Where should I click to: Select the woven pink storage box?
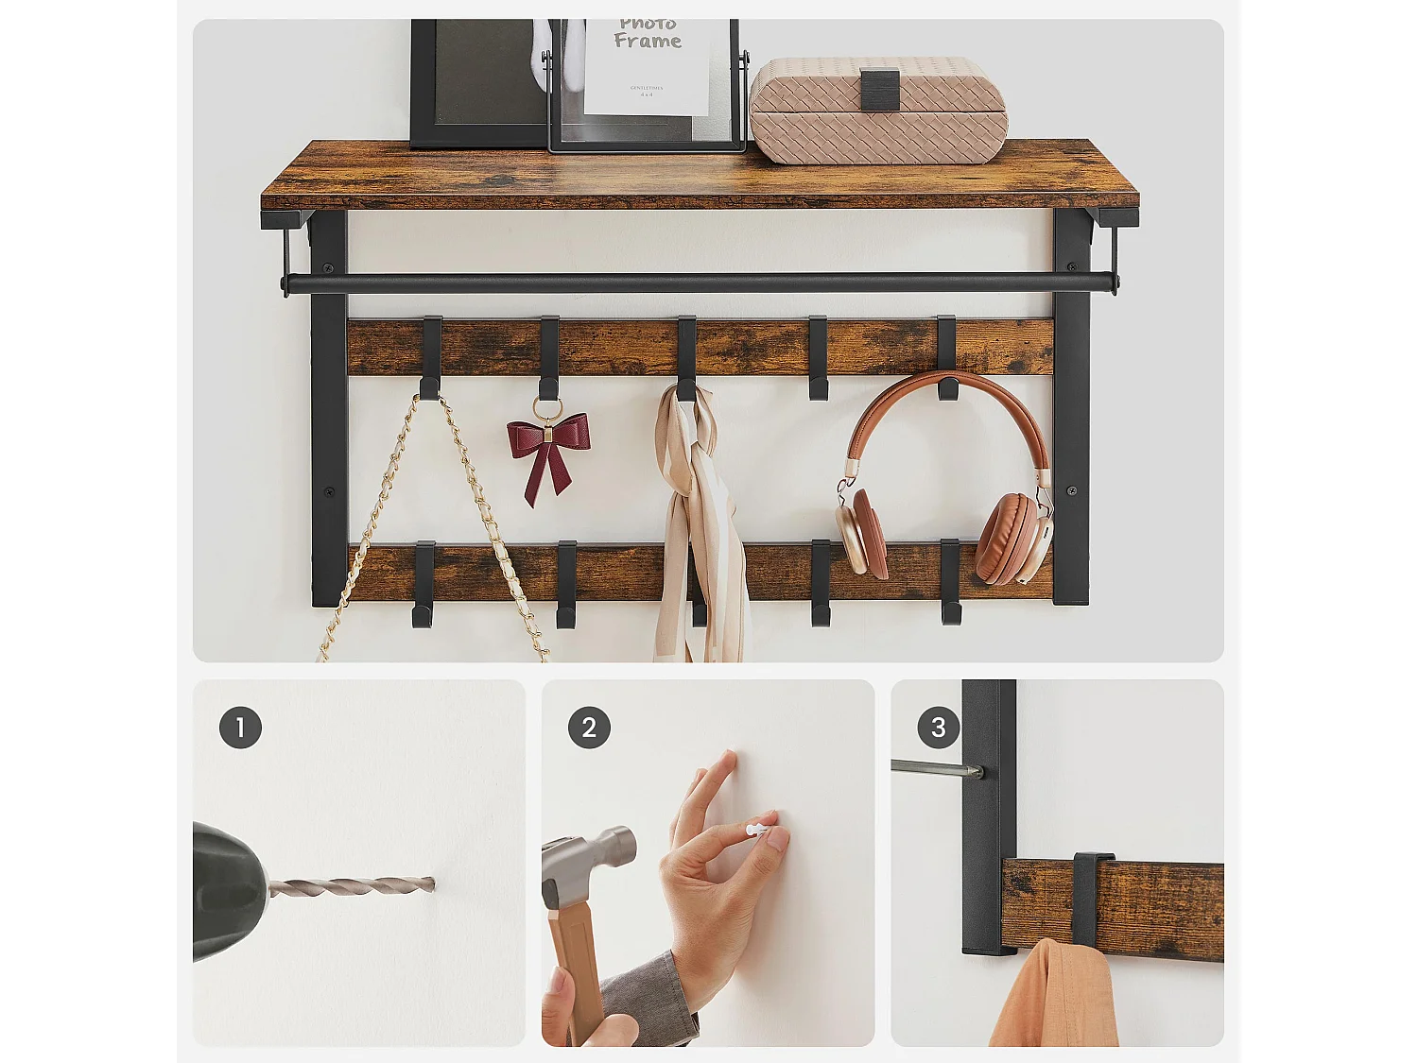(x=878, y=111)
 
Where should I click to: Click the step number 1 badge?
(x=240, y=728)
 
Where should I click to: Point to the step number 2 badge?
(x=589, y=728)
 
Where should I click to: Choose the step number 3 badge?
(x=938, y=728)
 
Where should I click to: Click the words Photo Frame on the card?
(x=648, y=33)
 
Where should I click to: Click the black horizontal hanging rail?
(x=700, y=283)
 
